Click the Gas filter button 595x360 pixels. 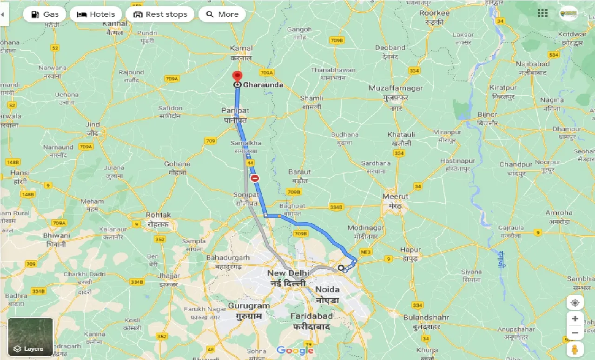point(45,14)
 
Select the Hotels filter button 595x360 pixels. point(96,14)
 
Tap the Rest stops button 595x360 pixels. point(160,14)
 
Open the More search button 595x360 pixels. point(222,14)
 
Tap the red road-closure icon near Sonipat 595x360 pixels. point(255,178)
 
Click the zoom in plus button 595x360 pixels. point(575,319)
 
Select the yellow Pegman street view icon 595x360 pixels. point(575,349)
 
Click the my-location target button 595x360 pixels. point(575,303)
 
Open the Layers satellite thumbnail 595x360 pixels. point(31,337)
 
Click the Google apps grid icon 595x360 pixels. point(542,13)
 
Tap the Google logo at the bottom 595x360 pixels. point(295,350)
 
